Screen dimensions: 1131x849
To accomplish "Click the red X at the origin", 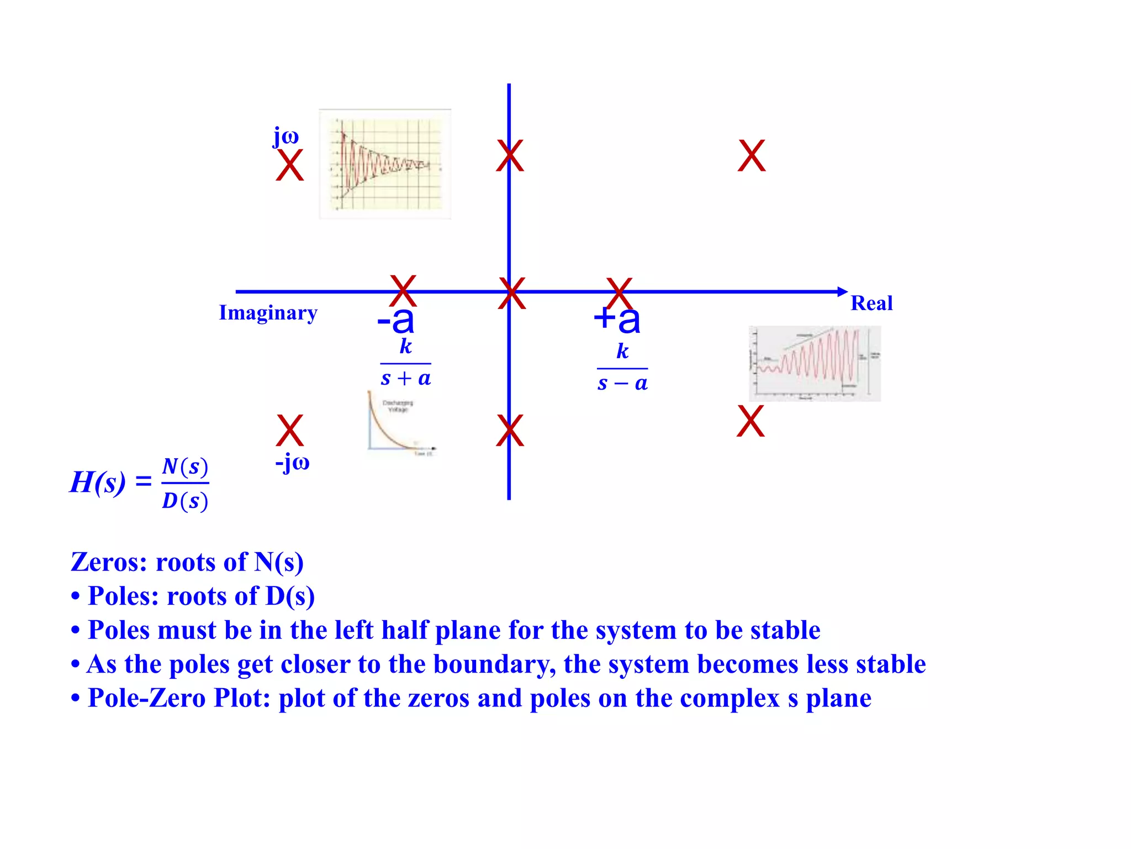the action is pyautogui.click(x=511, y=294).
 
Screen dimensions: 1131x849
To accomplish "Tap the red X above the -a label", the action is pyautogui.click(x=403, y=291).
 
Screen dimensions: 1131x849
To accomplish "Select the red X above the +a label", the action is pyautogui.click(x=619, y=294).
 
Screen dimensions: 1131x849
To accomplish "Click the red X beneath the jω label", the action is pyautogui.click(x=290, y=165).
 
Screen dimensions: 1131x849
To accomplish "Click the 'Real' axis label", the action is pyautogui.click(x=871, y=303).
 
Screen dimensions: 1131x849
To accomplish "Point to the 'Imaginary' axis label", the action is pyautogui.click(x=268, y=313).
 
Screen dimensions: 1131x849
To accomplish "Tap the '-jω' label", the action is pyautogui.click(x=292, y=463).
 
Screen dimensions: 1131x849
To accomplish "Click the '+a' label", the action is pyautogui.click(x=617, y=319).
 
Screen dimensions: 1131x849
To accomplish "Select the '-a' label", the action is pyautogui.click(x=395, y=320).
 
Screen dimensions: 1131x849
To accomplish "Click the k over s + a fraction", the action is pyautogui.click(x=406, y=363).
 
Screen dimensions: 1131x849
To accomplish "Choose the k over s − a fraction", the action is pyautogui.click(x=622, y=368).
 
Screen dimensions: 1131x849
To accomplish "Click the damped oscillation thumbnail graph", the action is pyautogui.click(x=385, y=164).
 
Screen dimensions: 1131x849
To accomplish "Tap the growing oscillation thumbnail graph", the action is pyautogui.click(x=815, y=364).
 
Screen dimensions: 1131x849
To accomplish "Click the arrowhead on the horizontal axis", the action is pyautogui.click(x=842, y=292).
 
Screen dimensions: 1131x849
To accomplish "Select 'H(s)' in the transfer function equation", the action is pyautogui.click(x=98, y=482).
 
